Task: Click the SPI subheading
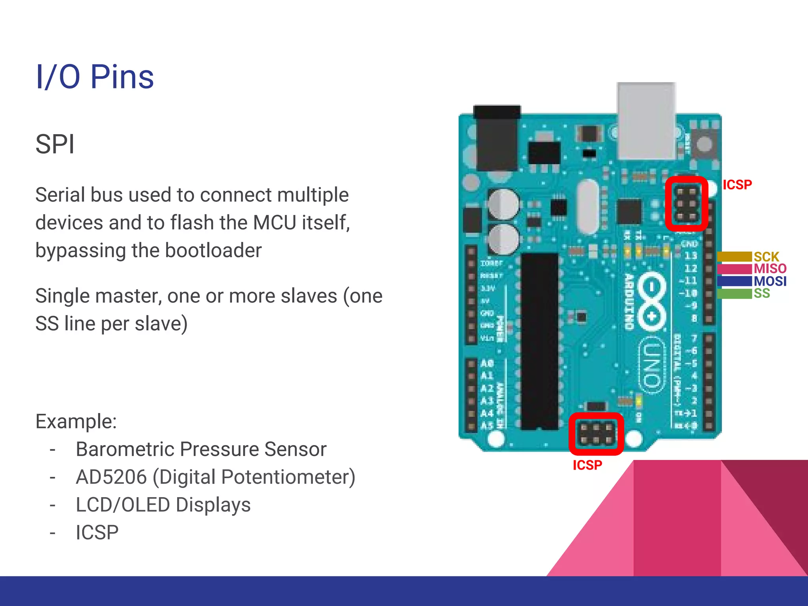pos(55,144)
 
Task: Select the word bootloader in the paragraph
pos(213,251)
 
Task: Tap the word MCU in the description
pos(275,223)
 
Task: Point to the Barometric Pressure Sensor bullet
pos(201,449)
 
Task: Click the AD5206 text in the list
pos(111,477)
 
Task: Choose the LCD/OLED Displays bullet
pos(163,505)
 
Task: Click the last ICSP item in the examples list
pos(97,533)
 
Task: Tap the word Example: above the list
pos(76,421)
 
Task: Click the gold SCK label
pos(766,257)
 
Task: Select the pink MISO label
pos(770,269)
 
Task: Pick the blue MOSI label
pos(770,281)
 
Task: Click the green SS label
pos(761,294)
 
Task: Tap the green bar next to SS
pos(734,294)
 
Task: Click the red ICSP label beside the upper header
pos(737,185)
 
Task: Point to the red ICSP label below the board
pos(587,465)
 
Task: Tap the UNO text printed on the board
pos(651,365)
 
